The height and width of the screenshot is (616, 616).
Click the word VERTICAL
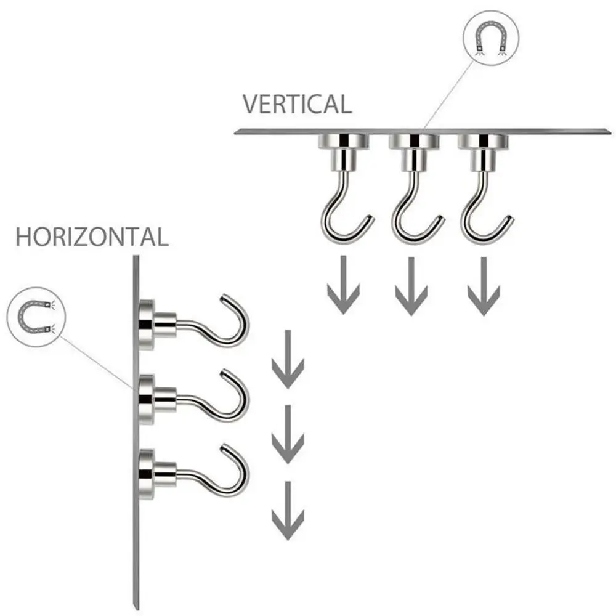[297, 104]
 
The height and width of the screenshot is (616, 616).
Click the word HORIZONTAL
[92, 237]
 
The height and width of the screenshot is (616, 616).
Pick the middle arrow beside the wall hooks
[288, 434]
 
